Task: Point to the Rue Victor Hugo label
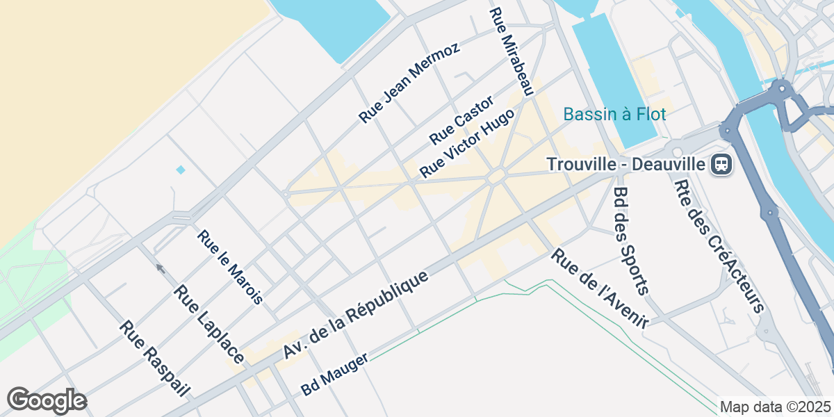point(468,142)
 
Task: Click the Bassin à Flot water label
point(614,114)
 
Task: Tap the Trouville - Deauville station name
point(625,165)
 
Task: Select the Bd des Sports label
point(631,240)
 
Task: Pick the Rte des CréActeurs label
point(719,245)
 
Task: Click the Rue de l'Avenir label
point(600,288)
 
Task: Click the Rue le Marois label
point(230,267)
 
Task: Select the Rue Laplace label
point(209,324)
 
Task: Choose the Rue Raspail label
point(154,359)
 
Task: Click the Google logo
point(47,400)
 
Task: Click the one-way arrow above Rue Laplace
point(160,268)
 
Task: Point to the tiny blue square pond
point(181,170)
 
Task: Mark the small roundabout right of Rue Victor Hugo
point(497,177)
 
